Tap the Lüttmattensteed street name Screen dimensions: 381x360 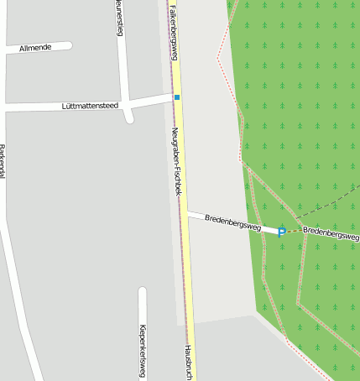pos(90,106)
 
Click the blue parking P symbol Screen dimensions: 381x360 pos(282,232)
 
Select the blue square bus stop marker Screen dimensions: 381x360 pos(177,98)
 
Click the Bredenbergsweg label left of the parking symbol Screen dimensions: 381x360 pos(232,222)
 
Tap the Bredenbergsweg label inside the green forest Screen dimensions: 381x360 pos(331,232)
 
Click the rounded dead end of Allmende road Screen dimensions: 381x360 pos(68,45)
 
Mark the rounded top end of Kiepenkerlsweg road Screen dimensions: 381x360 pos(143,292)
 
